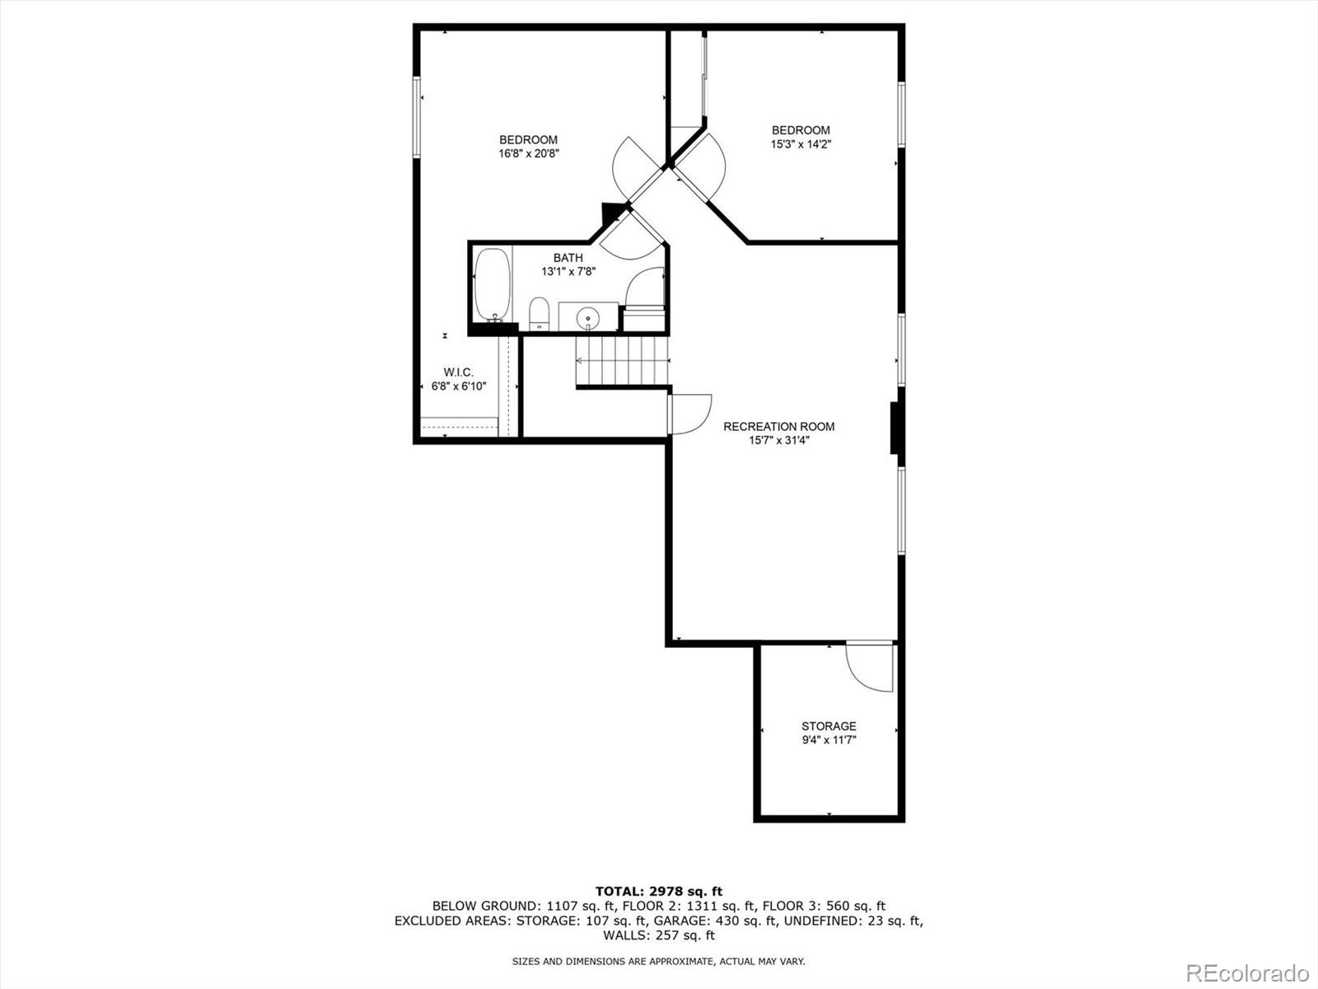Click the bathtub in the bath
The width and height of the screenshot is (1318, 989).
[x=493, y=284]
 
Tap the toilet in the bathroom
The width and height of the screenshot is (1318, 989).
[x=539, y=313]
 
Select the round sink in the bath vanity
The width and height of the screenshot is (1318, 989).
[x=588, y=316]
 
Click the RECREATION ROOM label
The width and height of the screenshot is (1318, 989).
[x=778, y=426]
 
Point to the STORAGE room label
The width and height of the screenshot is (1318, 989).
[x=829, y=726]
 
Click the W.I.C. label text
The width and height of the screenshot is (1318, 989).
[x=458, y=373]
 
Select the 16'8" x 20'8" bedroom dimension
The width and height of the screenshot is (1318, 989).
[x=529, y=153]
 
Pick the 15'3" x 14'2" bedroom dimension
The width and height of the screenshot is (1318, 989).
[x=801, y=144]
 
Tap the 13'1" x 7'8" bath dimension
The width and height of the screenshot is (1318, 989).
[x=568, y=271]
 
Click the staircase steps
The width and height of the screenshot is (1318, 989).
[x=623, y=360]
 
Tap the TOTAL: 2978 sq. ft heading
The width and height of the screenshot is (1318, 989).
[x=658, y=891]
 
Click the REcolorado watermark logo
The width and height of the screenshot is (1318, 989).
[x=1247, y=973]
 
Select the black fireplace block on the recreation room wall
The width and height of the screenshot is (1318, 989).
[x=896, y=428]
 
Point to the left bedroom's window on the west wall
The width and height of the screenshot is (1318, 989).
[x=417, y=116]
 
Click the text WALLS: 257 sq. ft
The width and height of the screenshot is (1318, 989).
[x=658, y=935]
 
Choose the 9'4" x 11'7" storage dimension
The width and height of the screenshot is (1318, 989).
[x=829, y=740]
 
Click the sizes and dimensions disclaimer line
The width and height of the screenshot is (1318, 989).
[x=658, y=961]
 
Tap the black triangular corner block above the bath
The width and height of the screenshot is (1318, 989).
[x=612, y=213]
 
